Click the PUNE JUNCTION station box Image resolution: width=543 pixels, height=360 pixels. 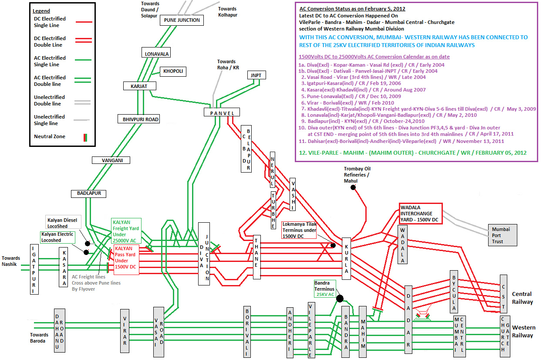tap(182, 20)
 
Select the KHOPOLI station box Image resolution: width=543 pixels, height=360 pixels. tap(172, 71)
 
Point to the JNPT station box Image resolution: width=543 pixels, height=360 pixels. tap(256, 75)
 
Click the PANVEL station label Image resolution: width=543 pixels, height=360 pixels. tap(222, 113)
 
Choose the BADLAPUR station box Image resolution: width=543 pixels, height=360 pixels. tap(89, 194)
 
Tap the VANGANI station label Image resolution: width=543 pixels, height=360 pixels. tap(112, 160)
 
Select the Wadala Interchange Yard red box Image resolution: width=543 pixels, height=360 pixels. tap(420, 214)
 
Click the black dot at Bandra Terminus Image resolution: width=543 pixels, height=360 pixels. tap(340, 299)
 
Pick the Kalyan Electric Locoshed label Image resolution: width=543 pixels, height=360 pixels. tap(57, 237)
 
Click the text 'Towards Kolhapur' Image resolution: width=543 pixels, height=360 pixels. tap(227, 11)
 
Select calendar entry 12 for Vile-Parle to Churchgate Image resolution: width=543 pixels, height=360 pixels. tap(413, 153)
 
